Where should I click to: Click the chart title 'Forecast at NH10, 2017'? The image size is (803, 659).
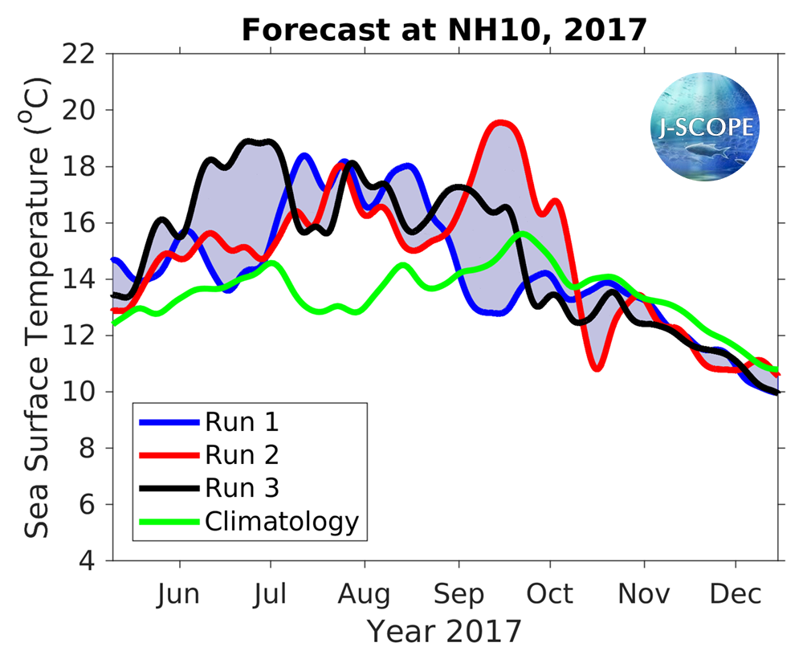pos(443,30)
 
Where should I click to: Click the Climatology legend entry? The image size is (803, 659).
pos(281,522)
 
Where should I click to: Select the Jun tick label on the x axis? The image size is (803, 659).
pos(178,594)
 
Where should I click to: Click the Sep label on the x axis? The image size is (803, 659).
pos(459,594)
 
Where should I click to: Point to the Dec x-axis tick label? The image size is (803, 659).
pos(737,594)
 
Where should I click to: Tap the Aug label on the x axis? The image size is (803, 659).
pos(364,594)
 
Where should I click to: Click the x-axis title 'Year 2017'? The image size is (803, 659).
pos(444,631)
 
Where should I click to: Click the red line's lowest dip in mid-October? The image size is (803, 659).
pos(597,368)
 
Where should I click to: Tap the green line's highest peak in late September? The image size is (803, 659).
pos(523,234)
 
